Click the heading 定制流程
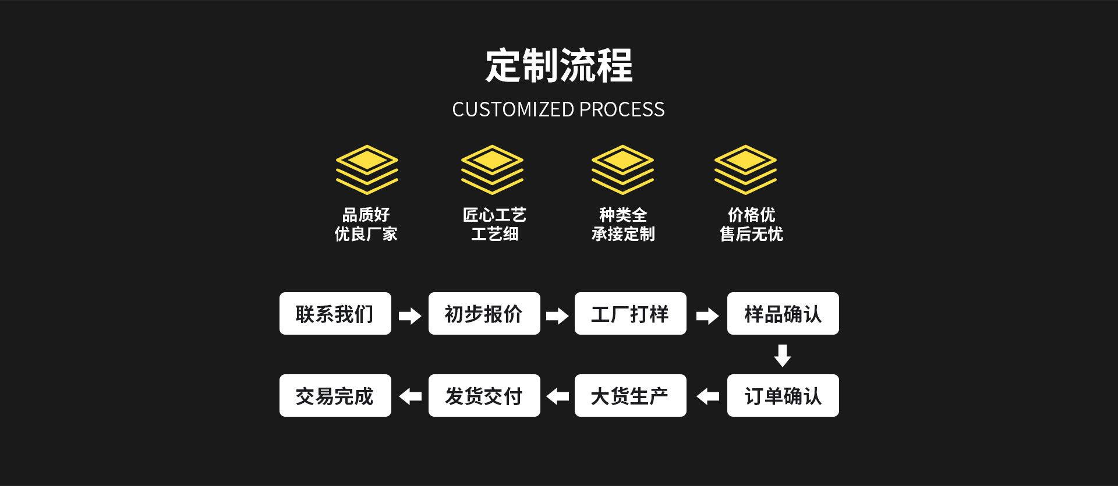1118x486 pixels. tap(558, 65)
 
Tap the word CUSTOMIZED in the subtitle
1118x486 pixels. tap(513, 109)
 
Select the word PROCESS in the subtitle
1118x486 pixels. tap(622, 109)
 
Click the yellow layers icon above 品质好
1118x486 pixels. tap(367, 169)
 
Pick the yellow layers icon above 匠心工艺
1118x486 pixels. tap(492, 169)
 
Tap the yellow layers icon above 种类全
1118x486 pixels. tap(622, 169)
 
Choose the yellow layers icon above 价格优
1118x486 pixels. tap(745, 169)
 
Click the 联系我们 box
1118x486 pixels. tap(335, 314)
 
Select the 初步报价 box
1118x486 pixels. tap(484, 314)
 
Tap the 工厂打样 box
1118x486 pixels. tap(630, 314)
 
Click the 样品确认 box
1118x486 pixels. tap(783, 314)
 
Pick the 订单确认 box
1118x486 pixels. tap(783, 396)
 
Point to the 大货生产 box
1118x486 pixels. tap(630, 396)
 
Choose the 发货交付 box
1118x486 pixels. tap(484, 396)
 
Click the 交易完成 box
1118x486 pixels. tap(335, 396)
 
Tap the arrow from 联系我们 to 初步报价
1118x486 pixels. tap(410, 316)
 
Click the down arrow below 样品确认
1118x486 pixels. tap(782, 355)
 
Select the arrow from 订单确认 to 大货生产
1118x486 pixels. tap(707, 396)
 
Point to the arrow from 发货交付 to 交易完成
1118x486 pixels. tap(410, 396)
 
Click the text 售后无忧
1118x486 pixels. tap(751, 234)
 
